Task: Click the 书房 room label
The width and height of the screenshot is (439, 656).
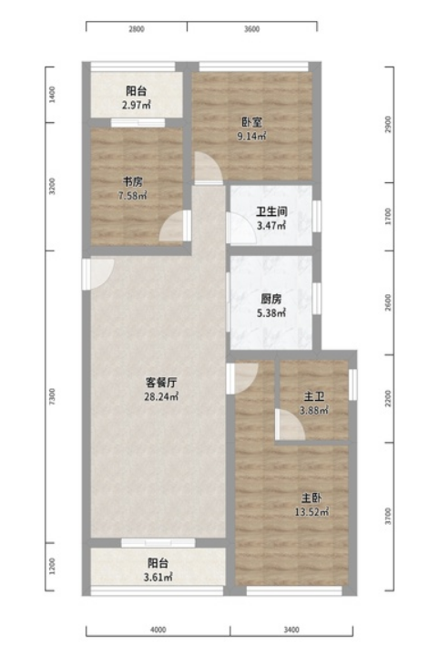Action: click(x=133, y=181)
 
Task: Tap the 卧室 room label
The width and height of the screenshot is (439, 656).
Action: click(x=251, y=122)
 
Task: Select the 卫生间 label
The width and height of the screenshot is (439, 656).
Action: click(x=271, y=211)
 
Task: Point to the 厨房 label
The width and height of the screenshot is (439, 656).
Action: click(x=271, y=299)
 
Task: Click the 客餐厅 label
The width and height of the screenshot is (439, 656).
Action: click(x=161, y=383)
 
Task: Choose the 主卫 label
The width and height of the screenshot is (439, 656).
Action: click(x=314, y=396)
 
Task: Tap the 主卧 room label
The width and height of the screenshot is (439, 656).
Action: click(x=311, y=497)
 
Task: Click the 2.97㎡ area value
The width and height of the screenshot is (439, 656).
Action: click(x=137, y=105)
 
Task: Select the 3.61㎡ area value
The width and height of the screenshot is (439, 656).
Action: click(x=158, y=578)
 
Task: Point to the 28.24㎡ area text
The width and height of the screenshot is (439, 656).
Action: click(x=161, y=396)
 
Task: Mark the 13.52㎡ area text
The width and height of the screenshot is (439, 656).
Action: click(x=311, y=512)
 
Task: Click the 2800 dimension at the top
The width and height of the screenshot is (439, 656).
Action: click(x=137, y=29)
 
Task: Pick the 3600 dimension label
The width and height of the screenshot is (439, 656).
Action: click(x=251, y=29)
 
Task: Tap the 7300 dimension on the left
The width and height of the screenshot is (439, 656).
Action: click(x=52, y=396)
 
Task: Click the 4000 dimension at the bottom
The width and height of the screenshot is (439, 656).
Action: click(x=158, y=630)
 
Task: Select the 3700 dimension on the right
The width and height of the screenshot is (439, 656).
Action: click(x=388, y=517)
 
